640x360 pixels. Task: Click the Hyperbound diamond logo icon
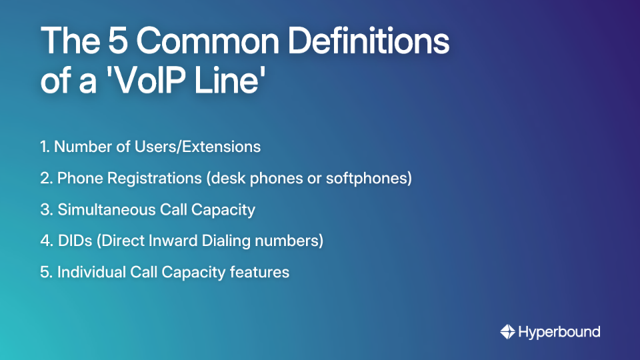(x=507, y=331)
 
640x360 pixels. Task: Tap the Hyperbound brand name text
(x=559, y=331)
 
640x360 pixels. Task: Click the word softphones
(x=370, y=178)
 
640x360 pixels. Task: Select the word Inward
(x=177, y=241)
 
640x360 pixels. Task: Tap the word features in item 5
(x=262, y=272)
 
